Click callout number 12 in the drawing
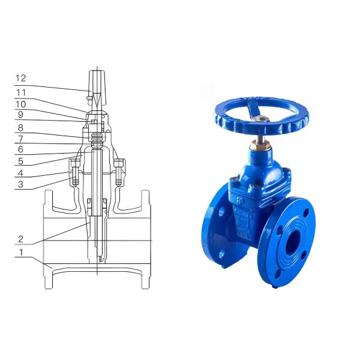click(21, 78)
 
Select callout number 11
click(21, 92)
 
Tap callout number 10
click(20, 104)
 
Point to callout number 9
click(20, 115)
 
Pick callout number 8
click(20, 128)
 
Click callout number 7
click(20, 139)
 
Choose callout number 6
click(20, 149)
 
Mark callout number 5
click(20, 161)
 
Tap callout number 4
click(20, 173)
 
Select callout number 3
click(20, 184)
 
